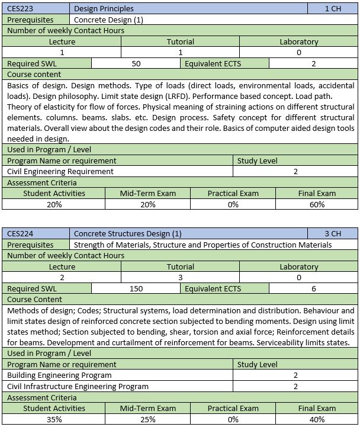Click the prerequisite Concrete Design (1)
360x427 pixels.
(109, 20)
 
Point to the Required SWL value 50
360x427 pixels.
(136, 63)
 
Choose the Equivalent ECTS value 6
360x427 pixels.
(313, 288)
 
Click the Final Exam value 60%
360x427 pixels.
(317, 204)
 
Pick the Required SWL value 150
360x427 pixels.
(136, 288)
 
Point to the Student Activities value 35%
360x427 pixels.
(54, 419)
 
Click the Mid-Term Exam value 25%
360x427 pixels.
(147, 419)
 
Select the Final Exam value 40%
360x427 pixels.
(317, 419)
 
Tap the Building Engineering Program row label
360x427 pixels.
(59, 375)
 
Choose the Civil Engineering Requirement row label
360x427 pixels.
(60, 171)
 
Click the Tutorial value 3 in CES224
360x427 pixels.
(180, 277)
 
